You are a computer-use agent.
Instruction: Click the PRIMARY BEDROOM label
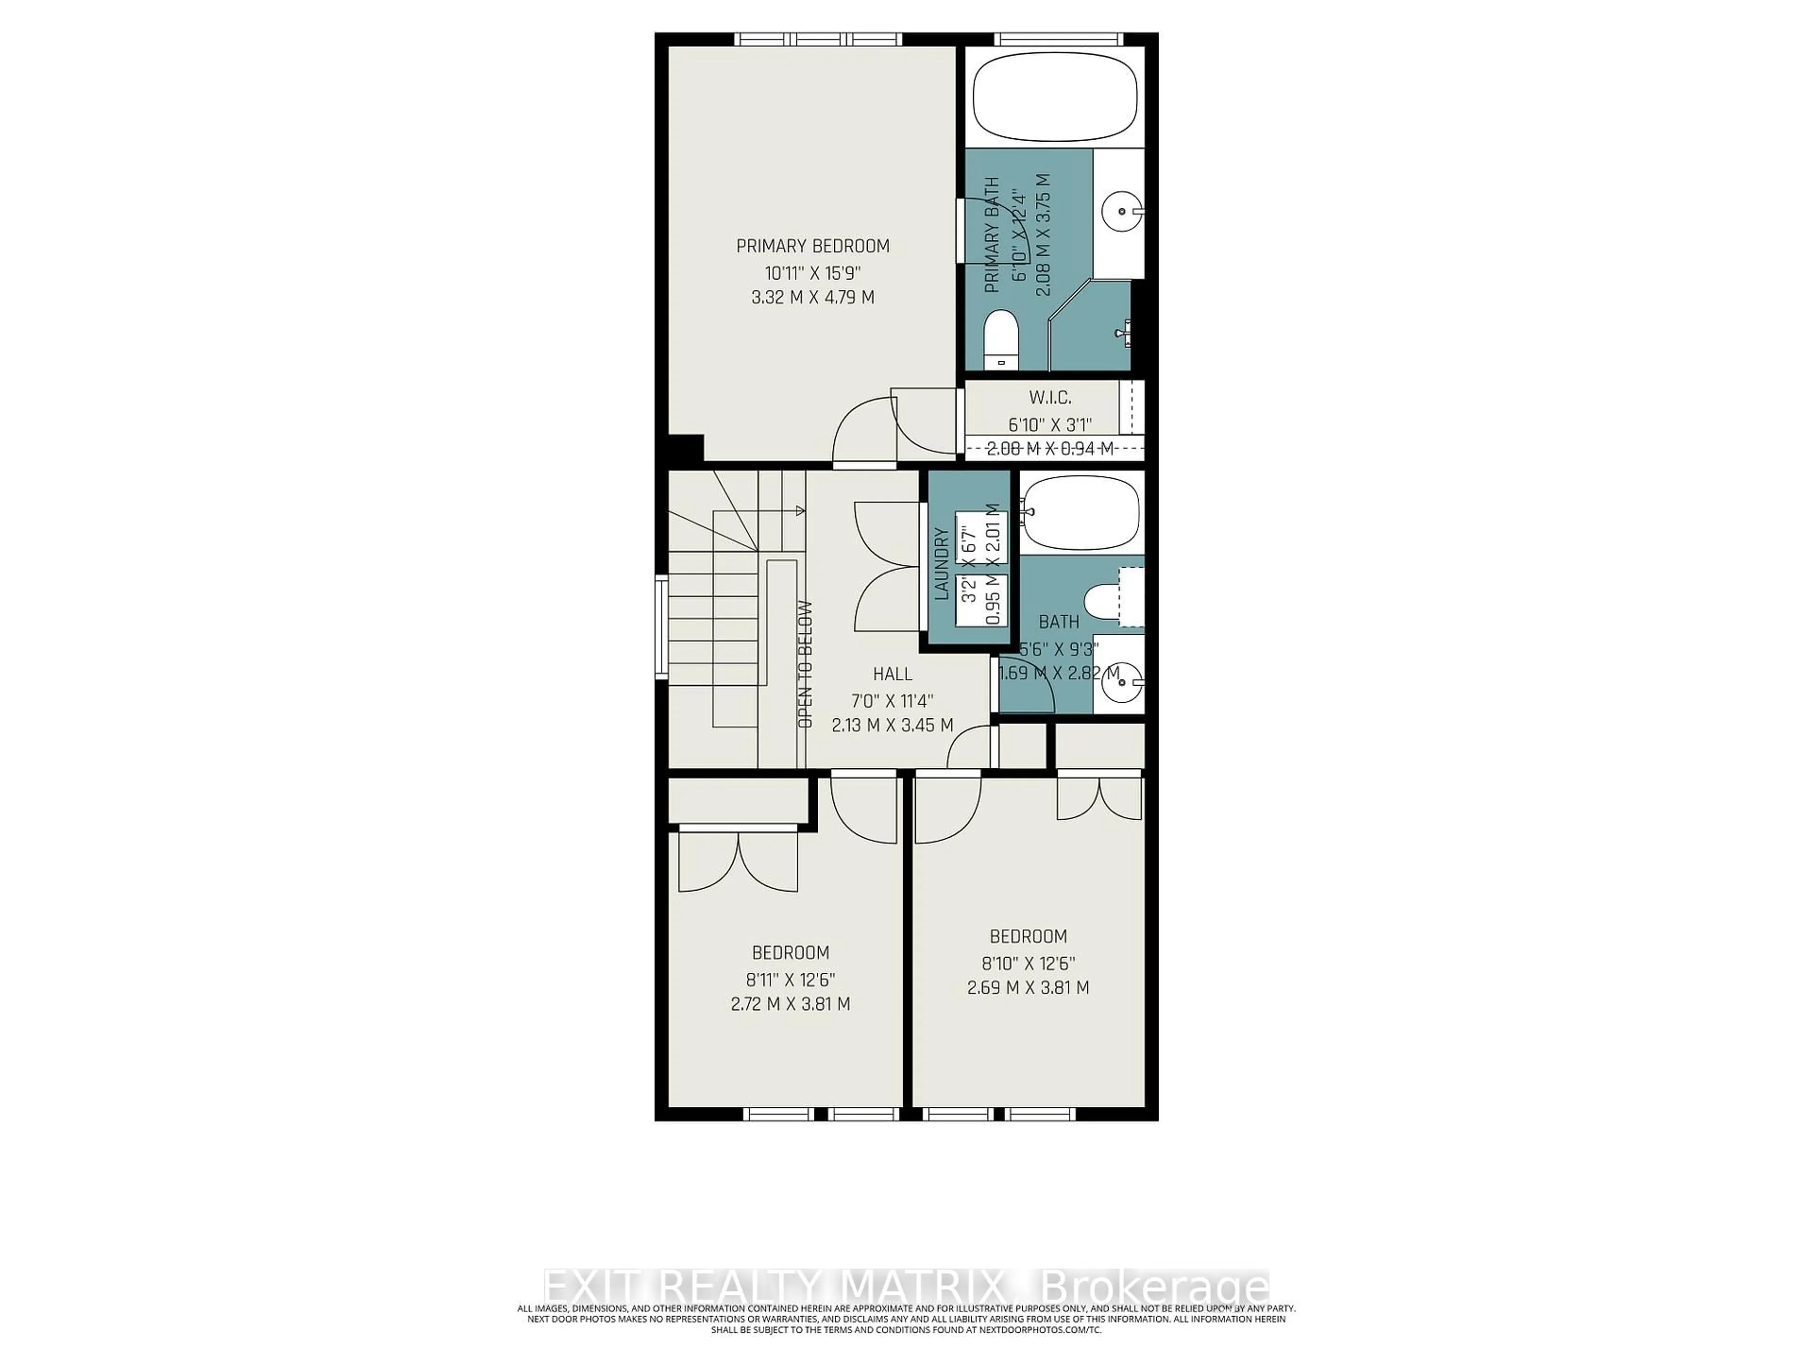[812, 246]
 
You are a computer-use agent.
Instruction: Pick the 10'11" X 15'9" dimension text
[812, 272]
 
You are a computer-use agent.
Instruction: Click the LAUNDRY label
[942, 564]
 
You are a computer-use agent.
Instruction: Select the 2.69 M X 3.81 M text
[1028, 988]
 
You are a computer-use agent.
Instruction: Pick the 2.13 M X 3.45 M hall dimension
[892, 725]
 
